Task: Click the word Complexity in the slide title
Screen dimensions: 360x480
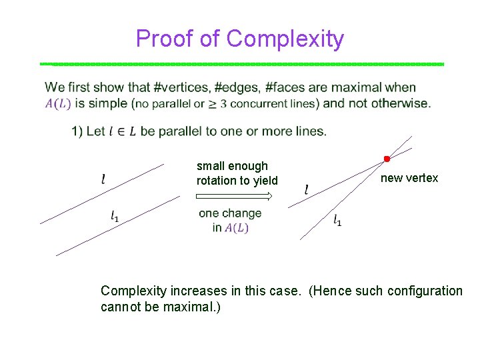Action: pyautogui.click(x=285, y=39)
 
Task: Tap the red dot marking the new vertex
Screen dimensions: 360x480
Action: pyautogui.click(x=385, y=159)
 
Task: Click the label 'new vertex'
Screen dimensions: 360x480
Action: pyautogui.click(x=409, y=178)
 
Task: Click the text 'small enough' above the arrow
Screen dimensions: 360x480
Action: pyautogui.click(x=232, y=166)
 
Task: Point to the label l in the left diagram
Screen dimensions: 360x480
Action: pyautogui.click(x=103, y=179)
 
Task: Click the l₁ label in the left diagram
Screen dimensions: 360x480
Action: pyautogui.click(x=115, y=215)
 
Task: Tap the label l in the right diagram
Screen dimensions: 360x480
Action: pyautogui.click(x=306, y=190)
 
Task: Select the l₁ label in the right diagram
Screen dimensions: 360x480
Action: pyautogui.click(x=337, y=221)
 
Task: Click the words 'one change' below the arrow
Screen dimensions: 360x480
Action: pyautogui.click(x=230, y=213)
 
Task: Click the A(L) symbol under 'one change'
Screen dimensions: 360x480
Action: pyautogui.click(x=237, y=228)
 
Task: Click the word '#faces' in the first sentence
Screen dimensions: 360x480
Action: pyautogui.click(x=287, y=87)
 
